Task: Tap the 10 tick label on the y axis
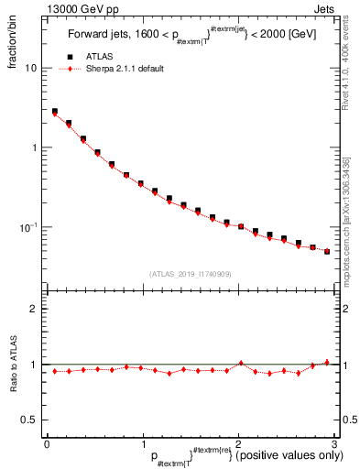pos(30,69)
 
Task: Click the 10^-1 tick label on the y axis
pos(28,227)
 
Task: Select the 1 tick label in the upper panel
pos(33,147)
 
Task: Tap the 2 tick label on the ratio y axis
pos(33,310)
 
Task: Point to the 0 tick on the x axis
pos(47,444)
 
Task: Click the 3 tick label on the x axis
pos(334,444)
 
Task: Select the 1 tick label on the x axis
pos(143,444)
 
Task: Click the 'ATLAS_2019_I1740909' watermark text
pos(191,274)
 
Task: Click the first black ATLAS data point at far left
pos(55,112)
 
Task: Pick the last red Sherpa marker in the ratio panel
pos(327,362)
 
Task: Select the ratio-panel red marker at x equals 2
pos(240,363)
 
